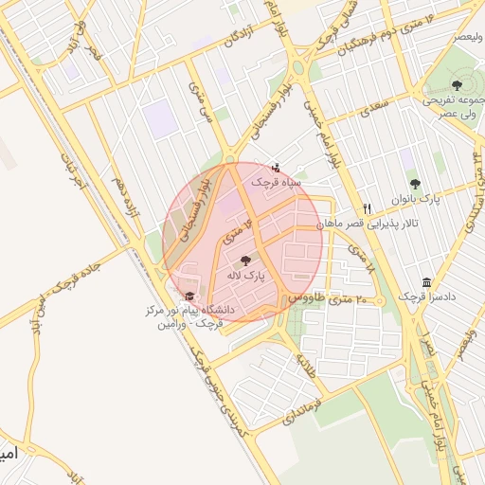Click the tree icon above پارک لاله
pos(246,260)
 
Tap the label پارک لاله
pos(246,275)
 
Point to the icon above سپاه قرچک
pos(276,167)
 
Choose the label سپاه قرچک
pos(276,180)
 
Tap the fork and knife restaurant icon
pos(367,209)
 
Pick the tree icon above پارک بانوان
pos(414,184)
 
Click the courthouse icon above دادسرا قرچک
pos(426,283)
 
